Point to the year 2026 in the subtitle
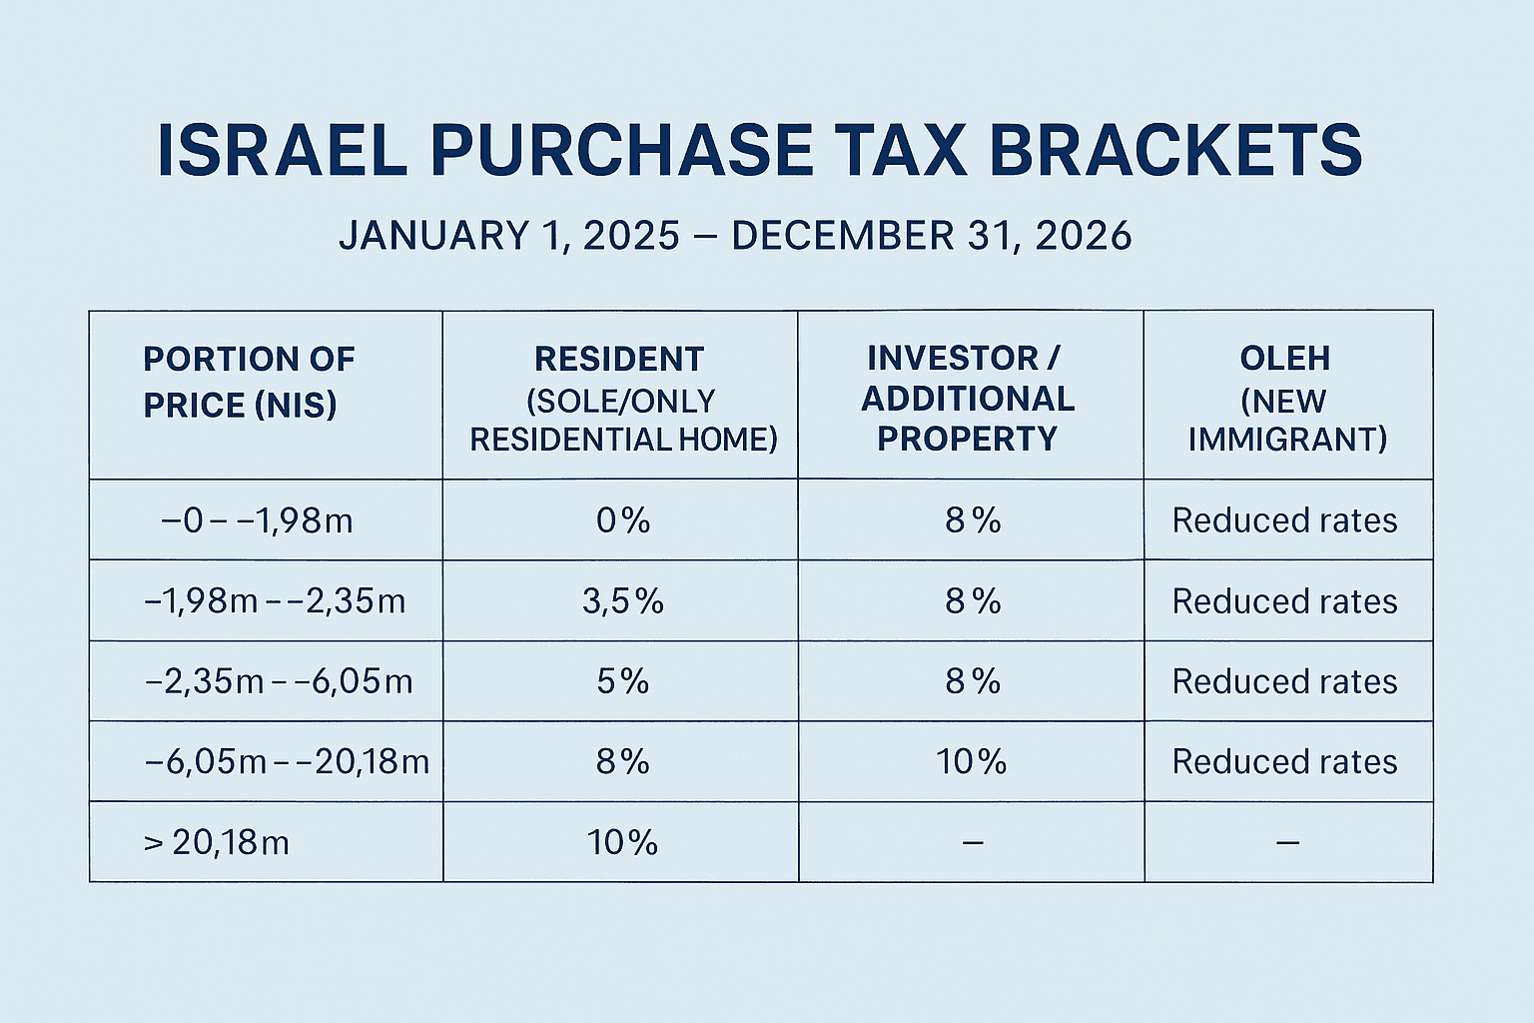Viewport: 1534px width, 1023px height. [1084, 236]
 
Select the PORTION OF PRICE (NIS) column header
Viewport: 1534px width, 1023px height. [249, 382]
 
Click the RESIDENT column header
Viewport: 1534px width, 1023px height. [620, 399]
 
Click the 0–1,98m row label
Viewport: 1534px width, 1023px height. [257, 520]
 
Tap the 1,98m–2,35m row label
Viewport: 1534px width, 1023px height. [275, 601]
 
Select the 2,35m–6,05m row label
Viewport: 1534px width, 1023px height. [279, 681]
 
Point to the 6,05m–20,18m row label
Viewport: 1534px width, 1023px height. [287, 761]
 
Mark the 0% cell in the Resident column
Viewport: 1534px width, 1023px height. [622, 520]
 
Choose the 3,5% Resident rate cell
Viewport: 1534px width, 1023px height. [622, 601]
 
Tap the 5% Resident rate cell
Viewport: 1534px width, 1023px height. [622, 681]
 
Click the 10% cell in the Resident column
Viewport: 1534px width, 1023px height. [622, 842]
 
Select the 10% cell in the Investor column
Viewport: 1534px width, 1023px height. [971, 761]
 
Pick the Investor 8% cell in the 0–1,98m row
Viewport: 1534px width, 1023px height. [972, 520]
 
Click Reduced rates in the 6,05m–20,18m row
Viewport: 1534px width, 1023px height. [1284, 761]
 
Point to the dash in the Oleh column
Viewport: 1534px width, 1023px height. [1287, 843]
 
